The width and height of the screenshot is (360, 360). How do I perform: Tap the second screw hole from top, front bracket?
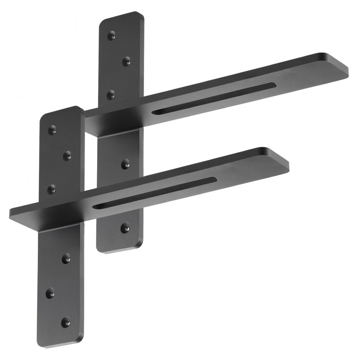[x=67, y=156]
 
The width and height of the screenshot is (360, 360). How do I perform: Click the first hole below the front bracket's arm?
[x=66, y=258]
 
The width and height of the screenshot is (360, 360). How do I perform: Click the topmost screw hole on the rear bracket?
[x=112, y=35]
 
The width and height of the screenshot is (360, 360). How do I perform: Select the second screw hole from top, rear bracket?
[x=126, y=61]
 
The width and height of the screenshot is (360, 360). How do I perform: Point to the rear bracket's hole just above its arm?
[x=112, y=95]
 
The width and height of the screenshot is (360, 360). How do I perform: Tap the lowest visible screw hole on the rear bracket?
[x=125, y=227]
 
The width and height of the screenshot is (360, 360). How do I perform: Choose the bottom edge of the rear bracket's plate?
[x=119, y=251]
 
